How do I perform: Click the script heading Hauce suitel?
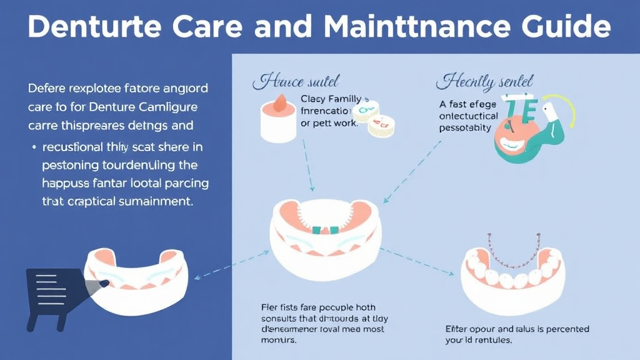(x=296, y=82)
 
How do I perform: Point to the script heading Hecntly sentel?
(x=484, y=82)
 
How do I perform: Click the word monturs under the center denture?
(x=277, y=341)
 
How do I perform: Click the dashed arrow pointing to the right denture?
(x=417, y=262)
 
